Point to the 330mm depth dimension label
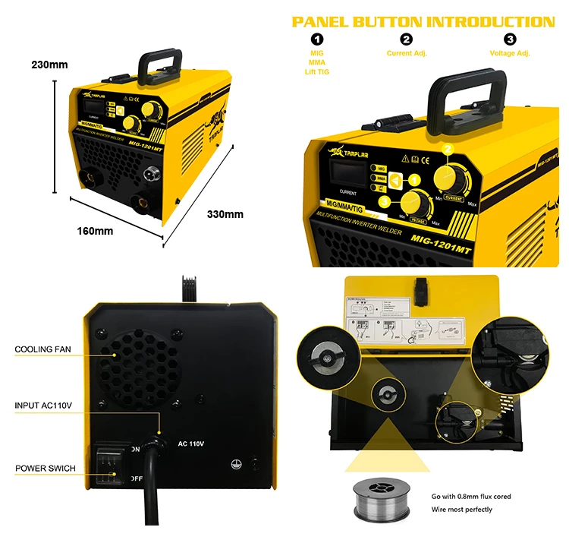[225, 214]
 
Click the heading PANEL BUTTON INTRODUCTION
[423, 21]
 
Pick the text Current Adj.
[407, 53]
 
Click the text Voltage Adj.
[510, 53]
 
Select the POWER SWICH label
[46, 469]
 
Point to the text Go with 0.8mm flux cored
[470, 497]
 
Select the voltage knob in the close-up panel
[413, 204]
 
